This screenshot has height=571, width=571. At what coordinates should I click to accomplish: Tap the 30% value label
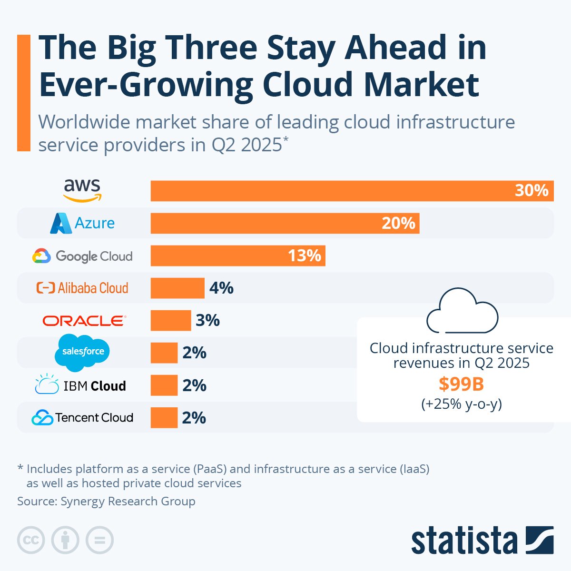[x=532, y=191]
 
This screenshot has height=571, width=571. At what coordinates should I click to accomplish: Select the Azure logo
[x=82, y=223]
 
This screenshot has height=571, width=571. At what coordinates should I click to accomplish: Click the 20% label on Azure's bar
[x=398, y=223]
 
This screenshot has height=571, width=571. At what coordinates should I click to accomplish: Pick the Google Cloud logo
[x=82, y=256]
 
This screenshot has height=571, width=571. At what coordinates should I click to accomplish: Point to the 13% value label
[x=305, y=256]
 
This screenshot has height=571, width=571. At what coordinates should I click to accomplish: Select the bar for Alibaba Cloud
[x=177, y=288]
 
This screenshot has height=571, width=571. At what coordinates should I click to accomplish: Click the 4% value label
[x=221, y=288]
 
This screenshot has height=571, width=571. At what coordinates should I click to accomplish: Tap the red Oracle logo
[x=84, y=320]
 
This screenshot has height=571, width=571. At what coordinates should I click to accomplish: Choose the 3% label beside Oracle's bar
[x=207, y=320]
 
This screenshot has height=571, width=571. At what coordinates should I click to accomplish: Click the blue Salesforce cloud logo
[x=82, y=352]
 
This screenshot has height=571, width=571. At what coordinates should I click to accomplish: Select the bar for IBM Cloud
[x=164, y=385]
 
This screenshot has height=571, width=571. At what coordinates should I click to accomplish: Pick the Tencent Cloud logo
[x=82, y=418]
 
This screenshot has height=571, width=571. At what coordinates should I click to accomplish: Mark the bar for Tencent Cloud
[x=164, y=418]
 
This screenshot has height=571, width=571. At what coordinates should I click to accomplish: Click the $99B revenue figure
[x=461, y=384]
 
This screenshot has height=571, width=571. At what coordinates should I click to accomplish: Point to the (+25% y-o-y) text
[x=461, y=404]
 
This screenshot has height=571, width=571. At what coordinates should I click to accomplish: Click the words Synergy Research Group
[x=128, y=501]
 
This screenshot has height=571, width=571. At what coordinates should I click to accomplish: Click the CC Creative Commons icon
[x=31, y=540]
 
